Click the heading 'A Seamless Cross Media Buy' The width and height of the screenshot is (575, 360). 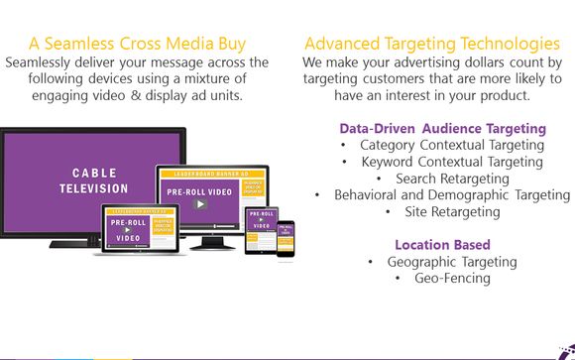(137, 44)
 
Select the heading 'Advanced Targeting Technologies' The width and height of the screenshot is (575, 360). (431, 44)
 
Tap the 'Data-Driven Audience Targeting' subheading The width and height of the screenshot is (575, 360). (442, 128)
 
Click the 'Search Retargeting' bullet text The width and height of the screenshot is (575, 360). (452, 179)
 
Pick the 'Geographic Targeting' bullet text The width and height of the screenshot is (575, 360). (452, 262)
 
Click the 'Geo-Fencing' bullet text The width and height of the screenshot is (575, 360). (452, 279)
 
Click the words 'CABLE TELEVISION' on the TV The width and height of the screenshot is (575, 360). (93, 180)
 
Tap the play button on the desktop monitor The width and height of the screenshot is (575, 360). (200, 204)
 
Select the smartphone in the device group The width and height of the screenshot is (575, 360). (286, 239)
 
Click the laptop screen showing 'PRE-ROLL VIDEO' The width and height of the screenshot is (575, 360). (141, 228)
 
